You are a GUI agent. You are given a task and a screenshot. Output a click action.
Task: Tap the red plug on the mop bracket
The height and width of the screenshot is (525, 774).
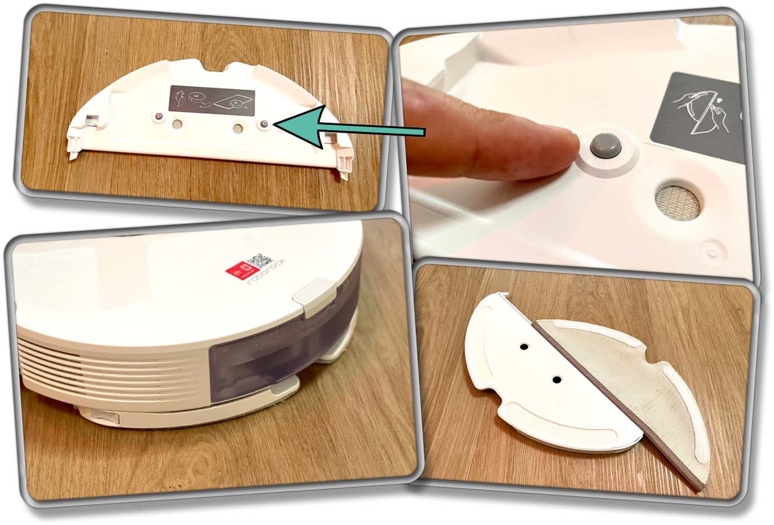coord(159,117)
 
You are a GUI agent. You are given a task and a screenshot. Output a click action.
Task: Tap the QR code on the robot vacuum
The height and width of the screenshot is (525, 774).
coord(260,260)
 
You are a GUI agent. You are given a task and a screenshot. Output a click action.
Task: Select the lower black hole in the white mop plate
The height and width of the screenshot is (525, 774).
coord(557,380)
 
